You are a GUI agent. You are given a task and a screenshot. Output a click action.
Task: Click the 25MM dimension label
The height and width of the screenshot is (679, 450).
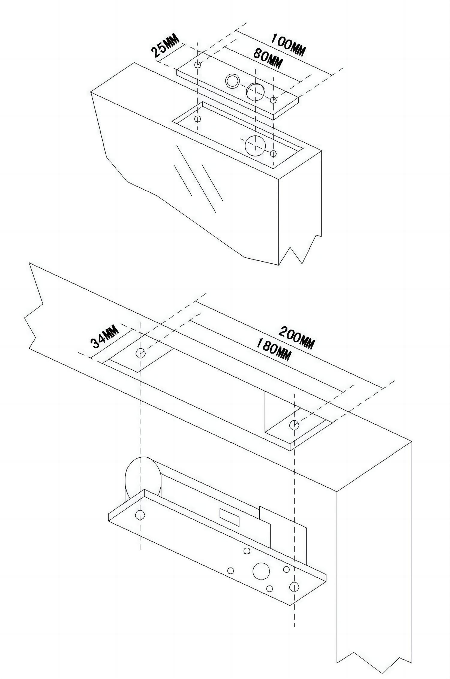(x=165, y=46)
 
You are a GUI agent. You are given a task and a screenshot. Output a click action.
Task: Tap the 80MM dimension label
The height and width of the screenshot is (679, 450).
(x=268, y=58)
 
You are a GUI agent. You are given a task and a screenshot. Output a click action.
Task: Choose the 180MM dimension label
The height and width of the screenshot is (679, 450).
(x=273, y=350)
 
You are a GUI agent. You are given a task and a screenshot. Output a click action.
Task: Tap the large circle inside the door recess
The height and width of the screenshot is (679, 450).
(x=255, y=145)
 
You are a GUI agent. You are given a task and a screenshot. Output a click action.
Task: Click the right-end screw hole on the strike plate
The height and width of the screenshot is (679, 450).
(x=273, y=100)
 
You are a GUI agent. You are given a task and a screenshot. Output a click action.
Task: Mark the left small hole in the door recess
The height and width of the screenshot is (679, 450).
(x=198, y=119)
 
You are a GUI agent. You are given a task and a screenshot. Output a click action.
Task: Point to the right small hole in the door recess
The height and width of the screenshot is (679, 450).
(x=273, y=154)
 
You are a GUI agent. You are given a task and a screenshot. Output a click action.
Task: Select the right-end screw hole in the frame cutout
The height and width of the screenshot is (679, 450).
(x=294, y=424)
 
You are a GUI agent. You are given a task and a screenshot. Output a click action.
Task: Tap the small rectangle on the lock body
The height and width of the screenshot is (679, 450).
(x=229, y=517)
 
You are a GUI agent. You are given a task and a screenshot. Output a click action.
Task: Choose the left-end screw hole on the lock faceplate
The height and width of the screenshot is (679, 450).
(x=140, y=515)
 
